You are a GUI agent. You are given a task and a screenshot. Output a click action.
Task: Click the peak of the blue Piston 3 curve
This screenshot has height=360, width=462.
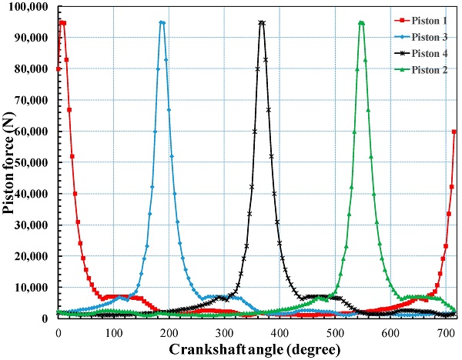point(162,22)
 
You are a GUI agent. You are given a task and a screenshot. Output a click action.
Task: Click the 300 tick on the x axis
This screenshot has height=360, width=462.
point(224,332)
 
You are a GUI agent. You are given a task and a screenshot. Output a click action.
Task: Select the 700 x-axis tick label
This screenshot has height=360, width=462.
point(446,332)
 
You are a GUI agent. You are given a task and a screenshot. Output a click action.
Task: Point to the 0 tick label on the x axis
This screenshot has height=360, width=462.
point(59,332)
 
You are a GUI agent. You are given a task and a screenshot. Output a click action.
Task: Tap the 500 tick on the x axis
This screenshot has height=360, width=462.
point(335,332)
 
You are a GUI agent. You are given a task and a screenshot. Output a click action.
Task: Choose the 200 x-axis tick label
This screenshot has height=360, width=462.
point(169,332)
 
